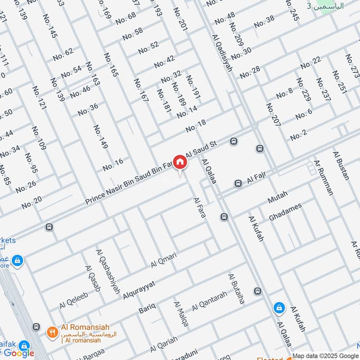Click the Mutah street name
coord(277,197)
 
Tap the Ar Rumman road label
coord(324,177)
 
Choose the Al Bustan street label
coord(341,166)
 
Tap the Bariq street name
coord(147,309)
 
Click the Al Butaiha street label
coord(236,288)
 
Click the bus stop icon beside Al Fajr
coord(238,183)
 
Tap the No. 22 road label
coord(310,63)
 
